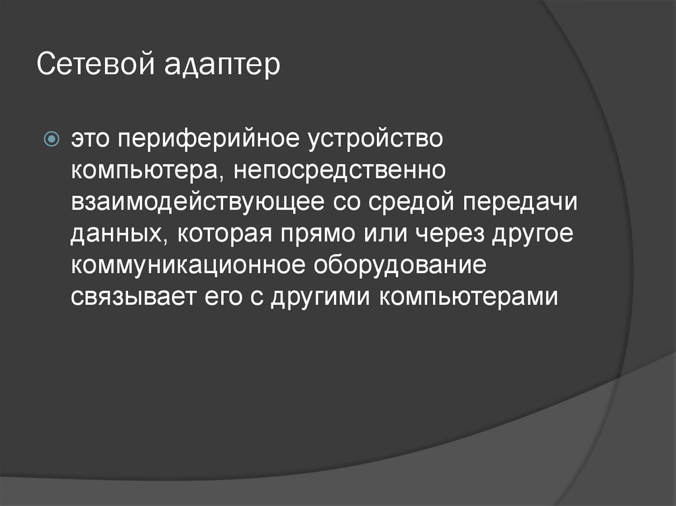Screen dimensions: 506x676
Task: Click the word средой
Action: (x=407, y=203)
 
